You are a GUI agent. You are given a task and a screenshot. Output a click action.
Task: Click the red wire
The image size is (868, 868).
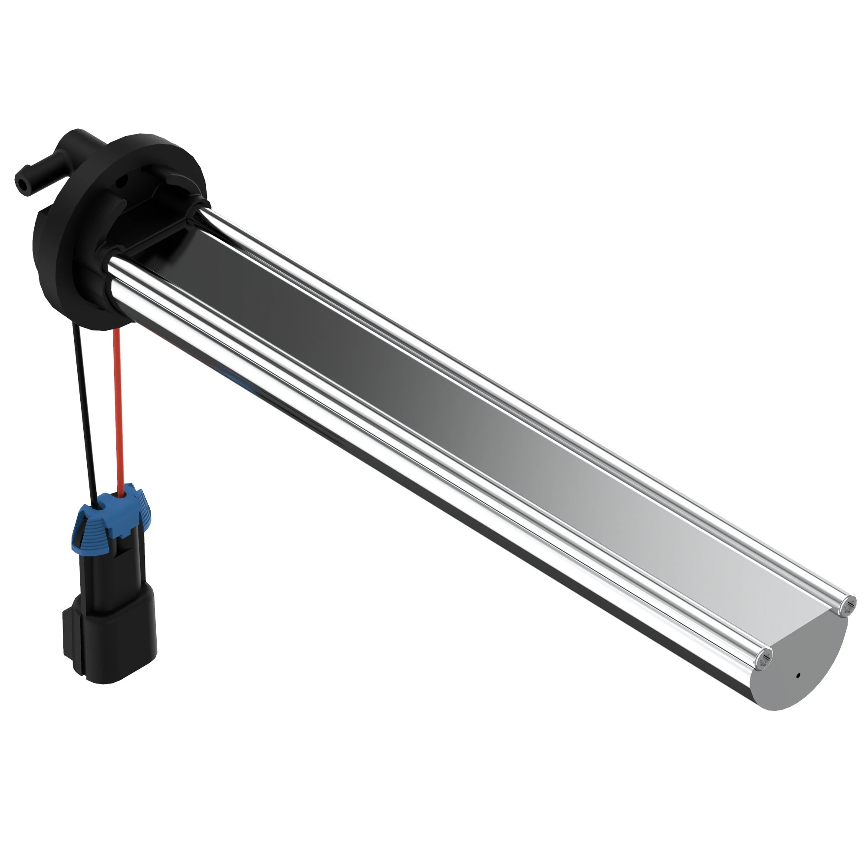coord(118,404)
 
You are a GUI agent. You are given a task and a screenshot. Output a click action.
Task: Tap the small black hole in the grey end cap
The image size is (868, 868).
coord(798,688)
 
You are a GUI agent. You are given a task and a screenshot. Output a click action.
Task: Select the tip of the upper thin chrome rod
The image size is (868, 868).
coord(849,607)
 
